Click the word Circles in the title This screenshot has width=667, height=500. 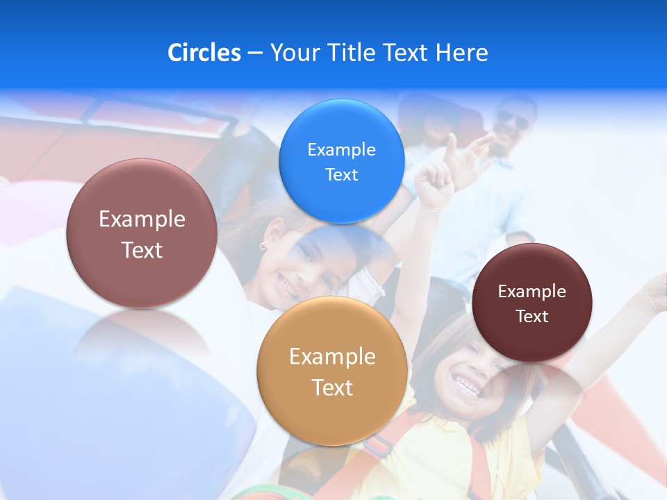pos(204,53)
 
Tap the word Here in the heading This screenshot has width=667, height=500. pos(462,53)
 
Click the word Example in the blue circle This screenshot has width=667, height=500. pos(341,149)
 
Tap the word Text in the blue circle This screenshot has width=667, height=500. pos(341,174)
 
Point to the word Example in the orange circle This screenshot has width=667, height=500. pos(332,357)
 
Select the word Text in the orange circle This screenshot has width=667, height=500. pos(332,387)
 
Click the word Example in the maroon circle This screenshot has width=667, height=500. pos(532,291)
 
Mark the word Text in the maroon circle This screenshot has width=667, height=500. pos(532,316)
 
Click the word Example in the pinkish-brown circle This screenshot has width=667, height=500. pos(142,219)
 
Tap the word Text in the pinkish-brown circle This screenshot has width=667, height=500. pos(142,250)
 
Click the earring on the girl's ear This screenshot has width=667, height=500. pos(264,245)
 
